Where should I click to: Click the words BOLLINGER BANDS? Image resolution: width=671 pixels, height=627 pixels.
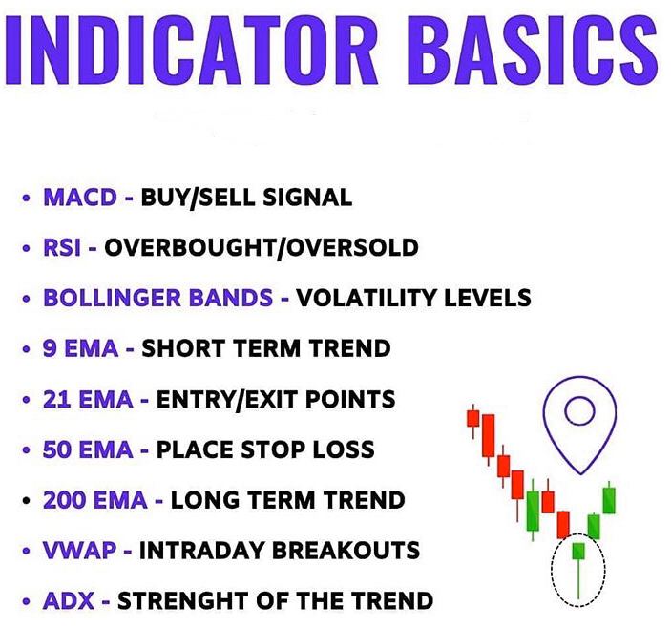pos(158,298)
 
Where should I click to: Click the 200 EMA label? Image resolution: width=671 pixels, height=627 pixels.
pos(94,500)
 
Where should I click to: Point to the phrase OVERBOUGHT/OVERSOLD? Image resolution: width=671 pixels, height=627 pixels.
pos(261,248)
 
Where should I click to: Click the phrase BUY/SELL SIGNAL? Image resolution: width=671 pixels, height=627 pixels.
pos(246,198)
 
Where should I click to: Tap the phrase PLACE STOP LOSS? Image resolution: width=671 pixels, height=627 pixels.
pos(265,449)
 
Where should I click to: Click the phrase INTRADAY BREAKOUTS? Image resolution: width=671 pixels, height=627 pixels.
pos(280,551)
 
